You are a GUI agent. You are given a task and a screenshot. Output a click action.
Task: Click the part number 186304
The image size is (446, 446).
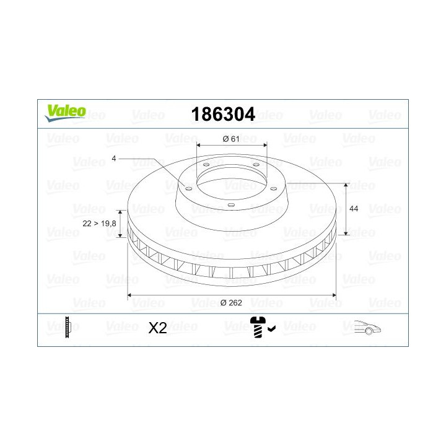coord(223,114)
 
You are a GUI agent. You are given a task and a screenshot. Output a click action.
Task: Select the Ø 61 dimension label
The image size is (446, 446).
coord(230,139)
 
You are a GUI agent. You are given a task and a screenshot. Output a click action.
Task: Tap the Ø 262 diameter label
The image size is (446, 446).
coord(230,303)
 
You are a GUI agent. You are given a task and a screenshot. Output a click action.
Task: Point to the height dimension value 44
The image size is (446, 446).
coord(354,209)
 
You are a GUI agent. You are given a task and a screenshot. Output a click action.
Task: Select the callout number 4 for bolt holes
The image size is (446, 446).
coord(114,159)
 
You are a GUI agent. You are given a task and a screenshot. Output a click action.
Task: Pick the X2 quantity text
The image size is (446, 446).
coord(158,328)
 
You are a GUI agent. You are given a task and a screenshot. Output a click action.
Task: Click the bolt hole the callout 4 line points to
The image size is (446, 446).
coord(188,188)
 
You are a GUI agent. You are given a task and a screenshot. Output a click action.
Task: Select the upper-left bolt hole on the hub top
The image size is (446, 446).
coord(205,165)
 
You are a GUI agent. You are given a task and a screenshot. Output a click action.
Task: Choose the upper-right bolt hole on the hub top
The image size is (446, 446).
coord(255,164)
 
